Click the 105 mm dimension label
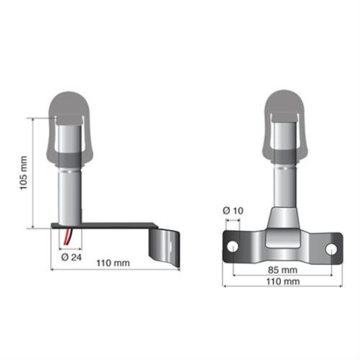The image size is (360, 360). [24, 173]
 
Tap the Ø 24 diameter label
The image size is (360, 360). [71, 257]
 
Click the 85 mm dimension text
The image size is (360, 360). [282, 269]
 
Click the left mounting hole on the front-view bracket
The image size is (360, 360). [232, 247]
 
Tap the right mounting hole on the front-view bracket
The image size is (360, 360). [332, 249]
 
